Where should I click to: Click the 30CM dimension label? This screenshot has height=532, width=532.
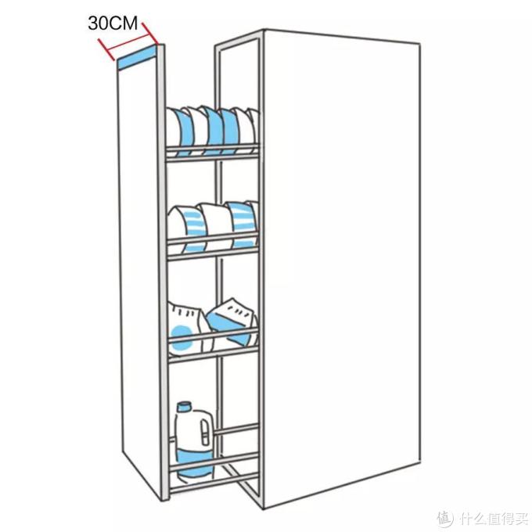[x=113, y=23]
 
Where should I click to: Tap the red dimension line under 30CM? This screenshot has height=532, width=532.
[x=128, y=41]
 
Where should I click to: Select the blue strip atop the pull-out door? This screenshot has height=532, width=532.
[x=138, y=56]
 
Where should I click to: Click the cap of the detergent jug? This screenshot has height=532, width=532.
[x=184, y=406]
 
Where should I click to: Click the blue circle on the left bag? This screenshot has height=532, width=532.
[x=181, y=338]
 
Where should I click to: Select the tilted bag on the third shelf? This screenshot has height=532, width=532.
[x=232, y=322]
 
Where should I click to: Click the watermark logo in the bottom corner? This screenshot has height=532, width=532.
[x=483, y=518]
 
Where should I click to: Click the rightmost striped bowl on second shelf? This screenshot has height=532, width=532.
[x=242, y=224]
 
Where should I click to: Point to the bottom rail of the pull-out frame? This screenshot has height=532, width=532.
[x=214, y=482]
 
